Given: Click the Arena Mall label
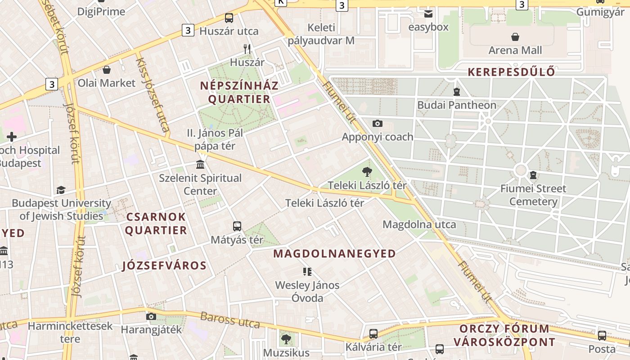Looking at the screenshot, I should coord(515,50).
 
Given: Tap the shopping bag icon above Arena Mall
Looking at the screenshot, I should coord(515,37).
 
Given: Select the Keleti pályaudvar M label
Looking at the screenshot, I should coord(321,34).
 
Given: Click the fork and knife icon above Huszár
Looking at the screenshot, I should coord(247,49).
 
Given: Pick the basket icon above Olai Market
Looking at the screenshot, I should coord(107,70).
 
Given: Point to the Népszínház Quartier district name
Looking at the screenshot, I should coord(239,92).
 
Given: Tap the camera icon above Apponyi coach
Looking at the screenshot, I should coord(377,123).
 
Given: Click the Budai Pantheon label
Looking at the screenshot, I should coord(457,105).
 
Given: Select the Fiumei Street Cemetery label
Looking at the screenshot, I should coord(533,194).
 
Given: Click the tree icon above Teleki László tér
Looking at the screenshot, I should coord(367,171).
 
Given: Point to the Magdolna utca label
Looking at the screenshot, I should coord(419,224).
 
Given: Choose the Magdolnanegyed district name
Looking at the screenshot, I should coord(334,253).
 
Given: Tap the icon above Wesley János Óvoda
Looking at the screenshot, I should coord(307,271).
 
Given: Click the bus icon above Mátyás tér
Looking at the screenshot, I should coord(237,226).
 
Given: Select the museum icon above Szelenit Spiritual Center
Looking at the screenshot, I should coord(200,164).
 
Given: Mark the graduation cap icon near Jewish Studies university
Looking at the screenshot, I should coord(61,190).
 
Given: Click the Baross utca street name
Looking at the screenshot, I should coord(230,320).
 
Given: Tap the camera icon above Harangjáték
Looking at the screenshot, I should coord(151,316).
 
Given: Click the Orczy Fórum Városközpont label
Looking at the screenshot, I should coord(504,335).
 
